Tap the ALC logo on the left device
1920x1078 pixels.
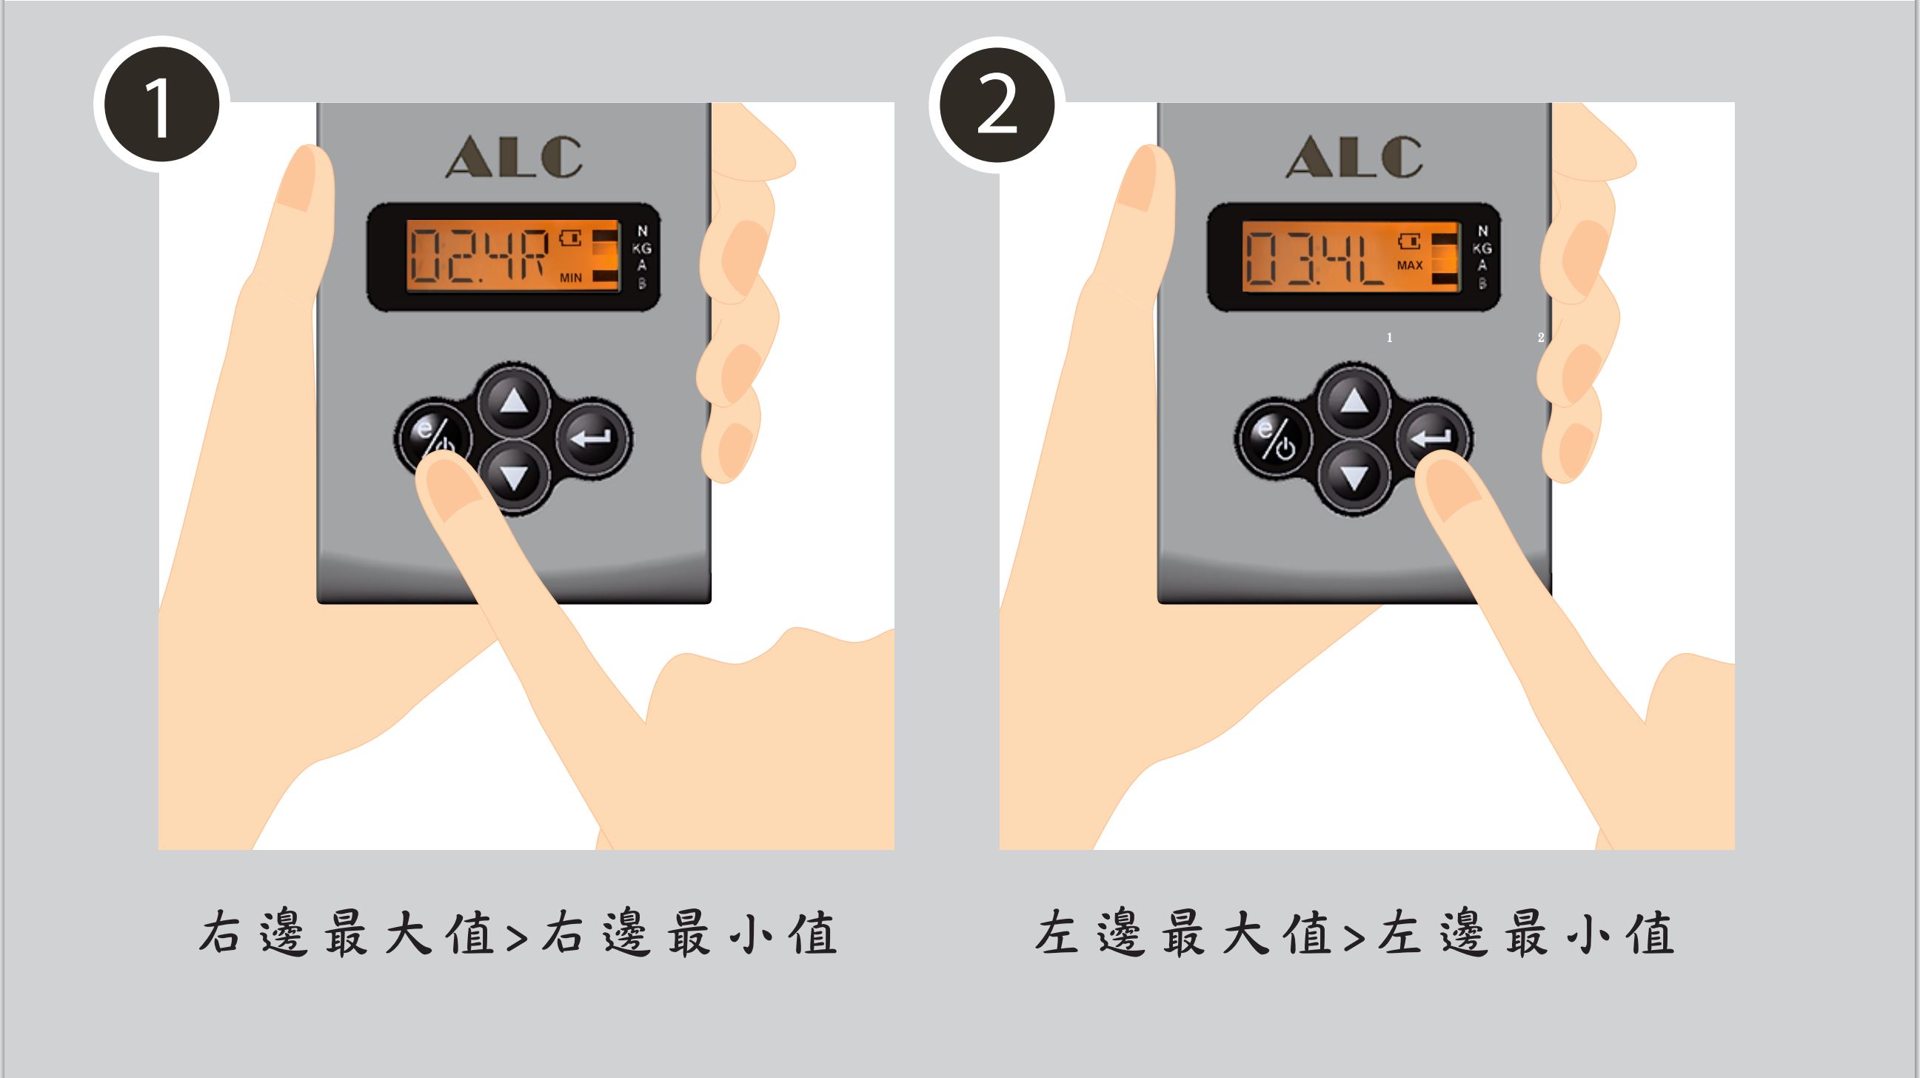pyautogui.click(x=514, y=156)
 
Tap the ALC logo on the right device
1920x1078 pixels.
pyautogui.click(x=1354, y=156)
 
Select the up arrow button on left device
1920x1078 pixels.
pyautogui.click(x=514, y=402)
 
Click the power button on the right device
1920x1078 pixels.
pyautogui.click(x=1274, y=440)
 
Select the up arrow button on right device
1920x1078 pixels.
pyautogui.click(x=1354, y=402)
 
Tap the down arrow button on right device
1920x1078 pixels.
pyautogui.click(x=1354, y=478)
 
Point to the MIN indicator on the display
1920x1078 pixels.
pyautogui.click(x=571, y=278)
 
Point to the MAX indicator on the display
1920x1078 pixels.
pyautogui.click(x=1409, y=265)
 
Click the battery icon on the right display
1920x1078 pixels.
pyautogui.click(x=1411, y=241)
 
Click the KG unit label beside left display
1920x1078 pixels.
pyautogui.click(x=641, y=248)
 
